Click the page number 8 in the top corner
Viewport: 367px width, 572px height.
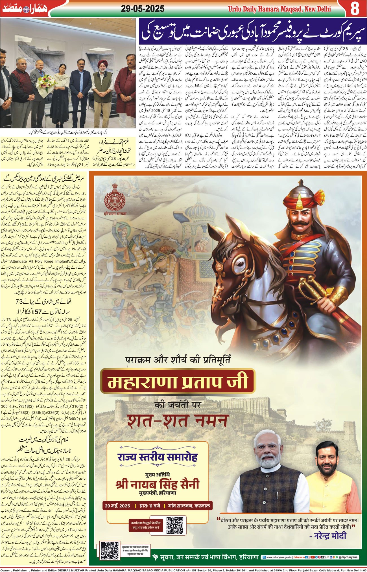(x=355, y=9)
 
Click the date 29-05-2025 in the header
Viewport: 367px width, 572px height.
(x=143, y=9)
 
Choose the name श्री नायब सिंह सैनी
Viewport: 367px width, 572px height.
(x=157, y=484)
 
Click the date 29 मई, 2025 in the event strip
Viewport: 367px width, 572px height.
(x=117, y=506)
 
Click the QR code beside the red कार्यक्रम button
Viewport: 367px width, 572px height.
(x=175, y=525)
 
